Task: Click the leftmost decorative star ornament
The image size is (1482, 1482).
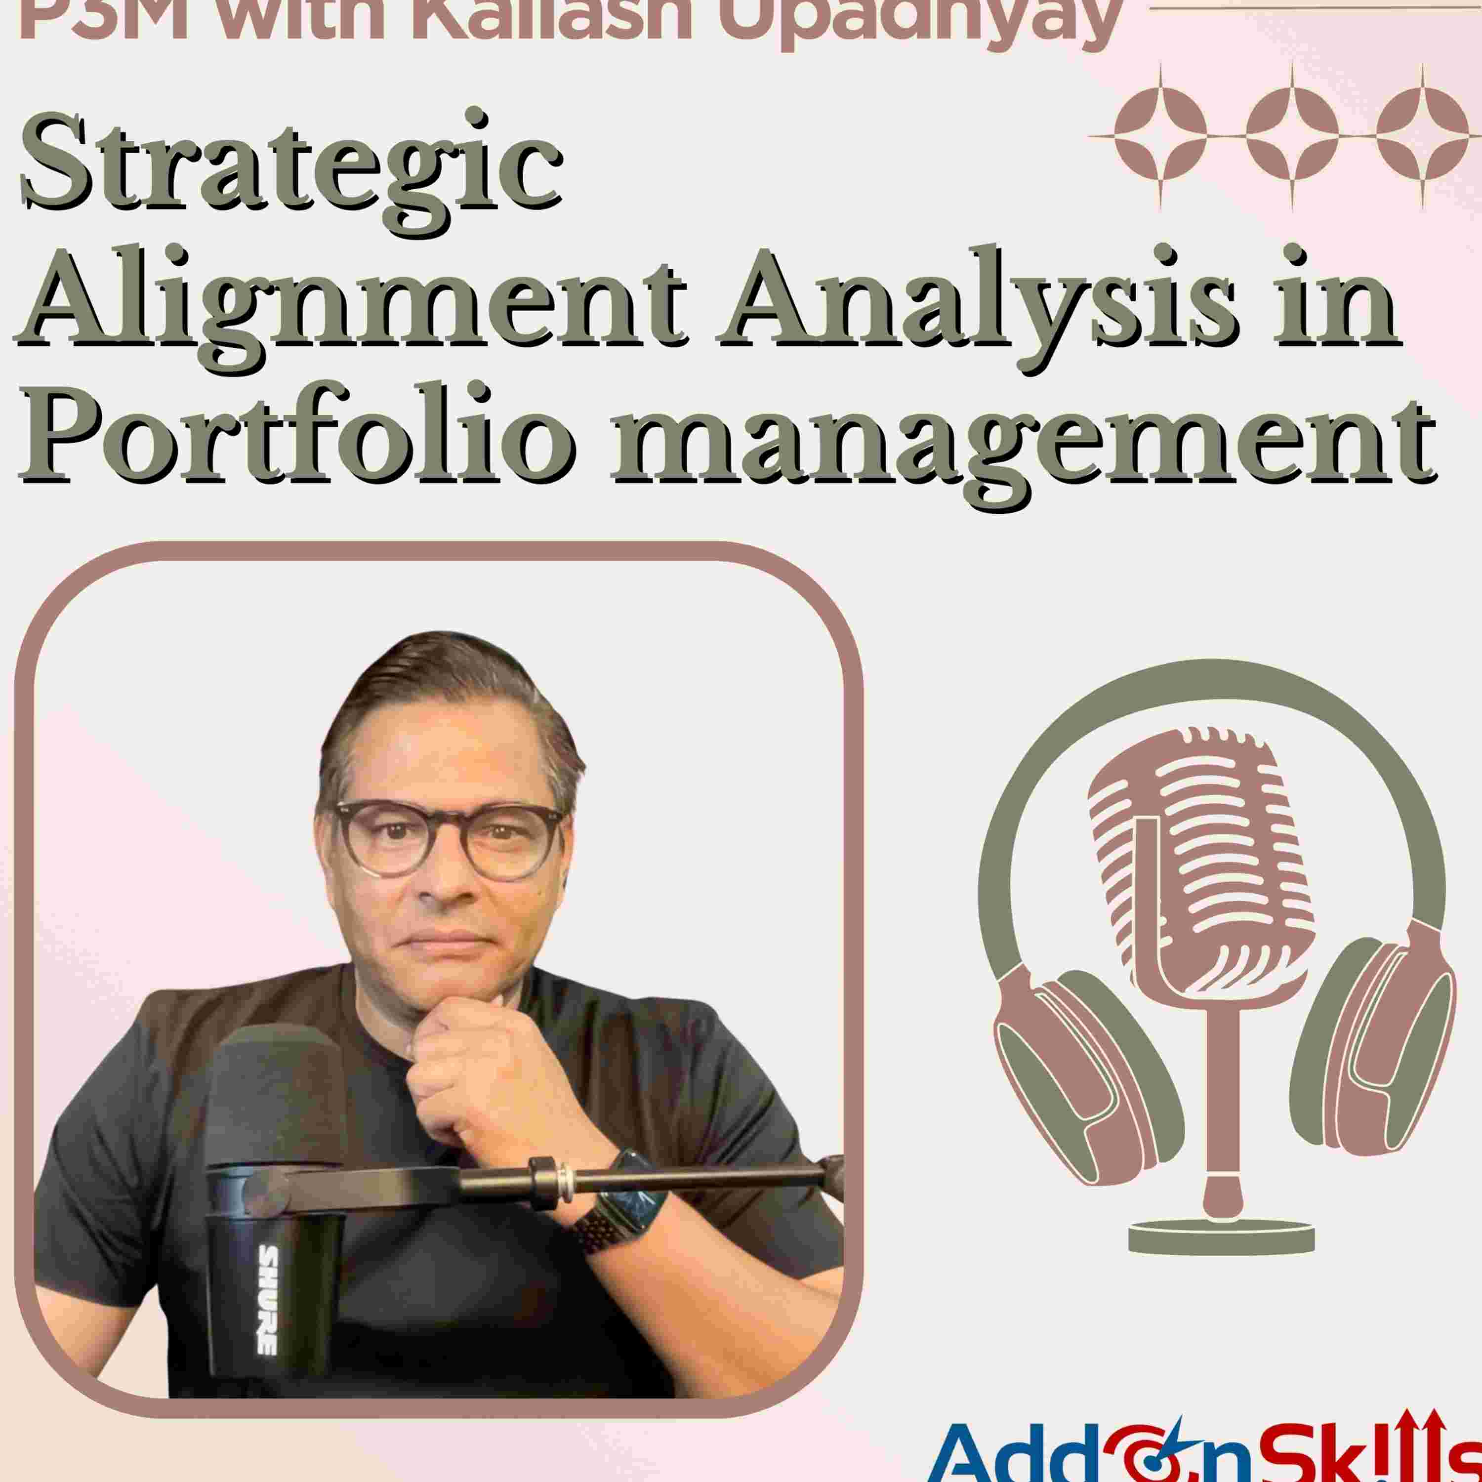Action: point(1160,136)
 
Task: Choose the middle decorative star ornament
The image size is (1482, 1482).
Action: point(1292,136)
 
